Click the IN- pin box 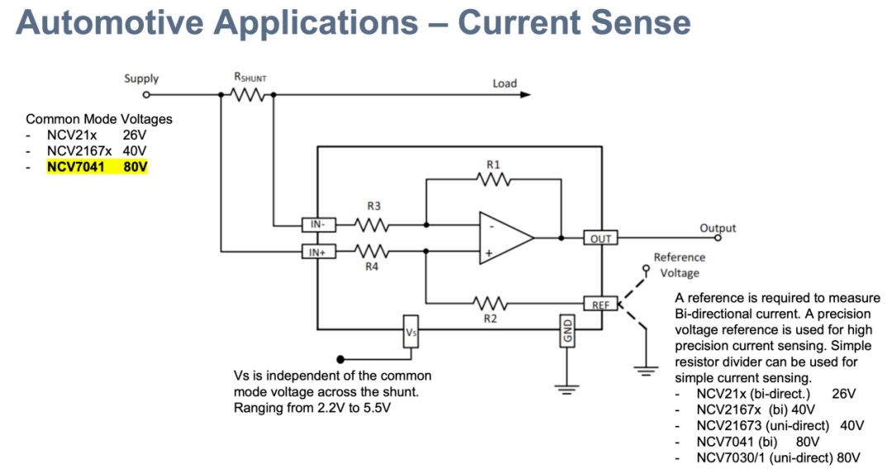[x=317, y=224]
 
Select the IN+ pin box [x=317, y=252]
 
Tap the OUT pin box [x=601, y=239]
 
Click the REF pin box [x=600, y=305]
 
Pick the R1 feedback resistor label [x=493, y=165]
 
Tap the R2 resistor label [x=491, y=318]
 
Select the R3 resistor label [x=373, y=206]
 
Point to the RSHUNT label [x=250, y=78]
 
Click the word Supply [x=141, y=78]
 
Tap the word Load [x=505, y=83]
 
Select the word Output [x=717, y=228]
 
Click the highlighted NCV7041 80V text [x=97, y=167]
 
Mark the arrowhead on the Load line [x=525, y=94]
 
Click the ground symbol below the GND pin [x=567, y=389]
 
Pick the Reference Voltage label [x=680, y=265]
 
